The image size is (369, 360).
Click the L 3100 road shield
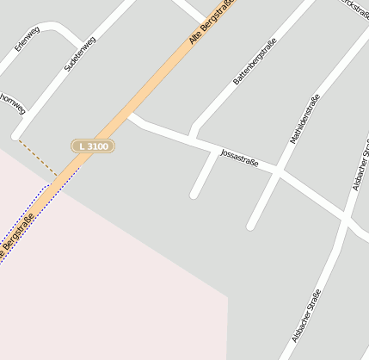click(x=92, y=146)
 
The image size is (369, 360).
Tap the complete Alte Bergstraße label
click(x=212, y=23)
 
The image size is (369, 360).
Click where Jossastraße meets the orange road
click(x=132, y=116)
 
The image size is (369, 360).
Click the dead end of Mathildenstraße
click(x=251, y=227)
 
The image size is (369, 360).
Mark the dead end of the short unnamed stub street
click(x=194, y=195)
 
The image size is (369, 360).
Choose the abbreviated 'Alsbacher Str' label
click(x=360, y=169)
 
